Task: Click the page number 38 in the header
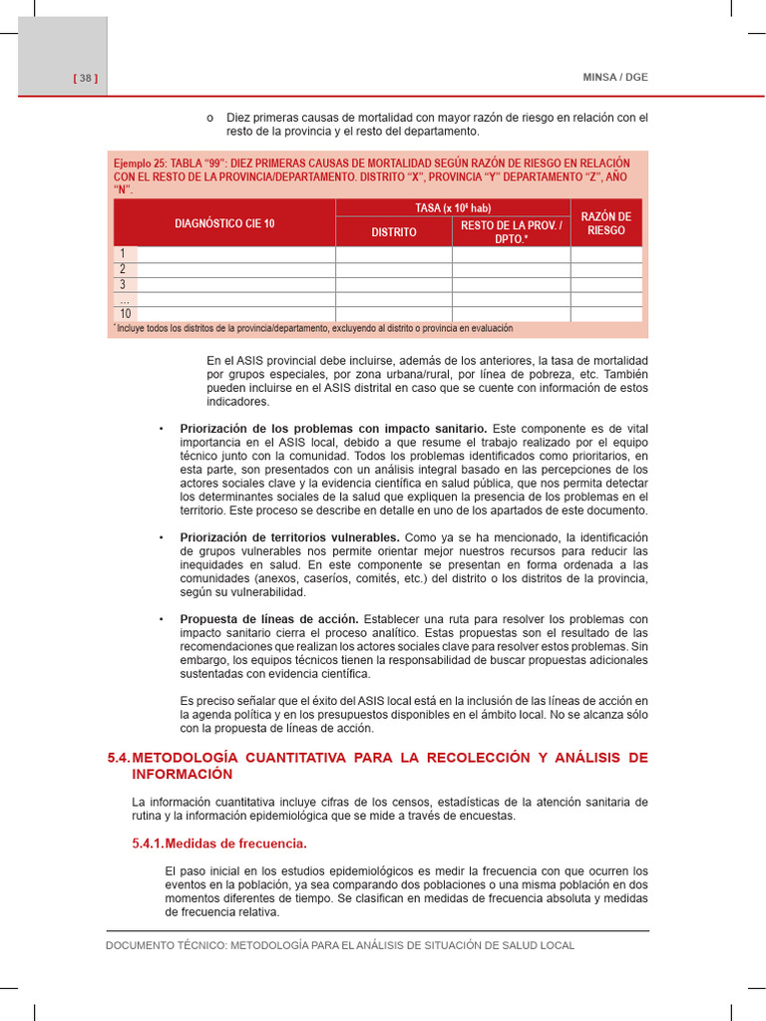pyautogui.click(x=85, y=78)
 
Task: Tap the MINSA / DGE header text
pyautogui.click(x=614, y=78)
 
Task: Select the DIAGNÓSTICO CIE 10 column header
pyautogui.click(x=224, y=223)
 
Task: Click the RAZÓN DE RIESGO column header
pyautogui.click(x=606, y=223)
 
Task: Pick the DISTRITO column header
pyautogui.click(x=394, y=231)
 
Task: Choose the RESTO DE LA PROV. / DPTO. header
pyautogui.click(x=511, y=231)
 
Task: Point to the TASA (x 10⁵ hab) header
pyautogui.click(x=452, y=207)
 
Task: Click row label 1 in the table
pyautogui.click(x=124, y=254)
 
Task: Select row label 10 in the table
pyautogui.click(x=125, y=314)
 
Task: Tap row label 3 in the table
pyautogui.click(x=124, y=284)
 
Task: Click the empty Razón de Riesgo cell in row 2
pyautogui.click(x=606, y=269)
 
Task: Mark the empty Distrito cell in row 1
pyautogui.click(x=394, y=254)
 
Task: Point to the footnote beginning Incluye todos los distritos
pyautogui.click(x=314, y=328)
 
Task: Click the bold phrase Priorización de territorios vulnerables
pyautogui.click(x=289, y=537)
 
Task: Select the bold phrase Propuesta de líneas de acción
pyautogui.click(x=269, y=619)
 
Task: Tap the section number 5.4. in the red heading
pyautogui.click(x=119, y=758)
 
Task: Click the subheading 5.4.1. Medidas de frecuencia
pyautogui.click(x=218, y=844)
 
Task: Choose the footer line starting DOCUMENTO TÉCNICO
pyautogui.click(x=340, y=945)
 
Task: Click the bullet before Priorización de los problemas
pyautogui.click(x=161, y=429)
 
